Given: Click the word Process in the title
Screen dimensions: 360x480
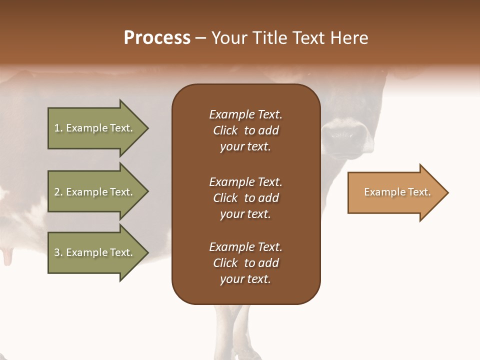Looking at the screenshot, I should click(157, 38).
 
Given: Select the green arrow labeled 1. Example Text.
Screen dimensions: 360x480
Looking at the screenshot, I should click(95, 128).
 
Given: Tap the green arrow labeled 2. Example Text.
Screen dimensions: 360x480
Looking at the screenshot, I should click(95, 192).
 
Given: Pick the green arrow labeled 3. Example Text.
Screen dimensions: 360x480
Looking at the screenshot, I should click(95, 252).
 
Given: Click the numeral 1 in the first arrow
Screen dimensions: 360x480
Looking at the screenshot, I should click(57, 128).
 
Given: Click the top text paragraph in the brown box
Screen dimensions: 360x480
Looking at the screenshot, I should click(245, 130).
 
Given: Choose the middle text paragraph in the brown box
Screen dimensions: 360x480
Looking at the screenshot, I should click(245, 198).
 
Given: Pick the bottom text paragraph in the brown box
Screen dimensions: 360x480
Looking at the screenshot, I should click(245, 263).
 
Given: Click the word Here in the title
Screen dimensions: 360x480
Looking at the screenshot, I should click(350, 38).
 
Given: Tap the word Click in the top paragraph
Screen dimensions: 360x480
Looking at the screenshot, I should click(225, 130).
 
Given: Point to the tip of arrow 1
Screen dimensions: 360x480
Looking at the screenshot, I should click(147, 128).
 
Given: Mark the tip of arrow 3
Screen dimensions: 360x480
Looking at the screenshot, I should click(147, 252).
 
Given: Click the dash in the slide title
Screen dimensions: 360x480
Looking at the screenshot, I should click(200, 38).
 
